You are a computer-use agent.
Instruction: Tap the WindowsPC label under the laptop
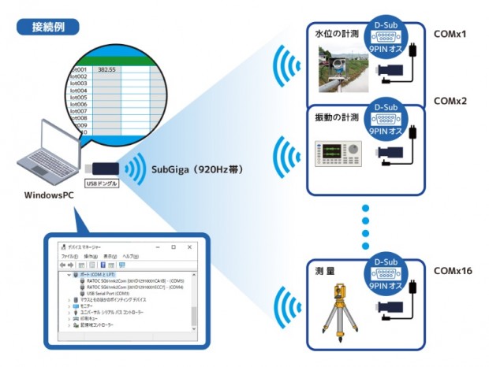tap(50, 192)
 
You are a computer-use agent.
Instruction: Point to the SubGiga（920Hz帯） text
tap(197, 168)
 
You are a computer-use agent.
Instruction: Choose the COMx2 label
tap(450, 101)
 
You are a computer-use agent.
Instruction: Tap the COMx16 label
tap(453, 271)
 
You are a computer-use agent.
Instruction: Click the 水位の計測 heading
tap(337, 34)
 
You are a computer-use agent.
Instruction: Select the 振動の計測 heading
tap(337, 117)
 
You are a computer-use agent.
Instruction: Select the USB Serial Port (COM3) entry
tap(110, 293)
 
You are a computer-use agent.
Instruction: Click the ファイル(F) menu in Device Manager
tap(69, 257)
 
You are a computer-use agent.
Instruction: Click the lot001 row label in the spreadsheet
tap(78, 69)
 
